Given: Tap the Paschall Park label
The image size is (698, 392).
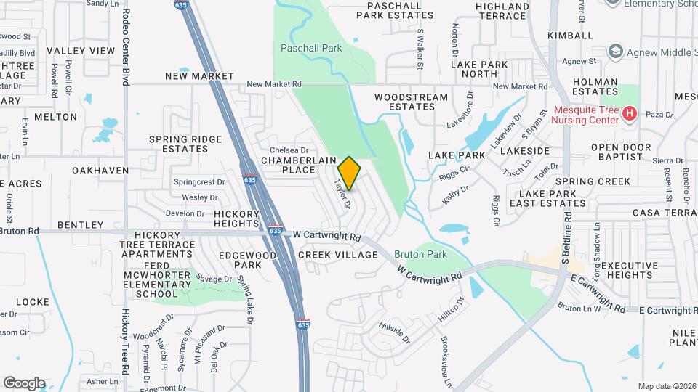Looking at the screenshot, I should (311, 48).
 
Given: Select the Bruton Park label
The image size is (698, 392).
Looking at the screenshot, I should (420, 255).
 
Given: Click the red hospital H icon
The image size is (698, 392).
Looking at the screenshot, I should (630, 114).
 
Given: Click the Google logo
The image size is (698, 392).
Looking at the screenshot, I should (24, 383).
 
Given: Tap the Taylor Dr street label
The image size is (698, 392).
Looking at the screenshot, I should (342, 195).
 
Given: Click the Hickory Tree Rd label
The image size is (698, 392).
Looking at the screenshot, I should (125, 341).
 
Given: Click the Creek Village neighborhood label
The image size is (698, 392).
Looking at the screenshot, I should (338, 255).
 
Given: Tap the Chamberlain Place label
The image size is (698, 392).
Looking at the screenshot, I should (289, 165).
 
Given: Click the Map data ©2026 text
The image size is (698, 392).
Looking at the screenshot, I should (667, 386).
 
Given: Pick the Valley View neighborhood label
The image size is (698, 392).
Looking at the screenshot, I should (81, 51).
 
